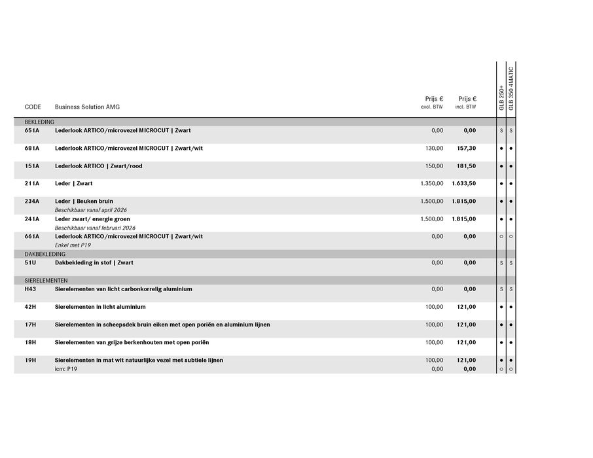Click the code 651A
click(x=32, y=131)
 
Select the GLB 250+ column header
click(x=502, y=97)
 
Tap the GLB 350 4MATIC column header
click(x=511, y=88)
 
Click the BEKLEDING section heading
click(x=39, y=122)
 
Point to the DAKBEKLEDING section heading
click(x=45, y=254)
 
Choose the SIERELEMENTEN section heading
click(x=46, y=280)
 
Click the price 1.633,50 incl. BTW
click(x=463, y=184)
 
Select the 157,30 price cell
click(x=466, y=149)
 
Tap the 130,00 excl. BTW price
click(x=434, y=149)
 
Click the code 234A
click(x=32, y=202)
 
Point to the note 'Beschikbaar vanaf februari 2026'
click(x=95, y=228)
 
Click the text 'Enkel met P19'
click(x=73, y=245)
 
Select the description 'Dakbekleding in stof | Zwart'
click(x=94, y=263)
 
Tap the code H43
click(x=31, y=289)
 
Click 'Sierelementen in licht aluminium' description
click(x=100, y=307)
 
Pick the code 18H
click(x=31, y=342)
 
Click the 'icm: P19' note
click(x=66, y=369)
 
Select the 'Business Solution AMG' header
click(x=87, y=107)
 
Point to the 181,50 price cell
click(x=466, y=166)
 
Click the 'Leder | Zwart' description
click(x=74, y=184)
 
